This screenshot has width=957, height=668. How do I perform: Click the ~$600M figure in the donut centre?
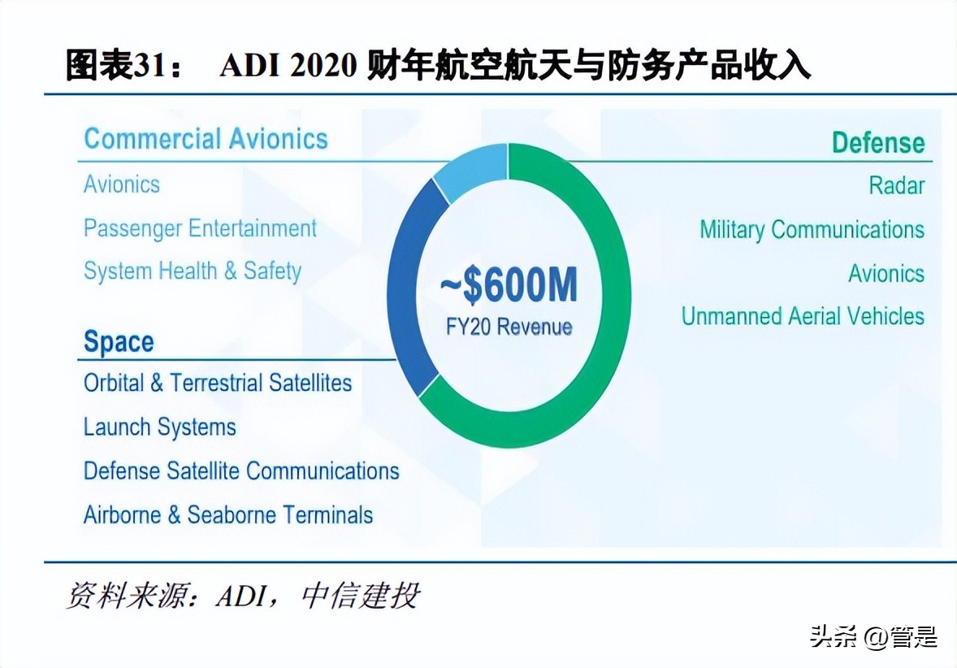pyautogui.click(x=509, y=287)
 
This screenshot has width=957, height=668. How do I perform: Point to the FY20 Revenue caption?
pyautogui.click(x=509, y=327)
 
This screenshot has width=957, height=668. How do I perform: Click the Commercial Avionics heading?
pyautogui.click(x=206, y=139)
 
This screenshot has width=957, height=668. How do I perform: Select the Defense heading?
pyautogui.click(x=877, y=143)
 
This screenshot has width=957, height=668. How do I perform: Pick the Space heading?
pyautogui.click(x=119, y=342)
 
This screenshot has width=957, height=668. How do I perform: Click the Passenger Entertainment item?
pyautogui.click(x=200, y=228)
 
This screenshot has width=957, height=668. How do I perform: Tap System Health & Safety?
pyautogui.click(x=193, y=271)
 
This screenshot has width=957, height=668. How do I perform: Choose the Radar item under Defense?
pyautogui.click(x=896, y=185)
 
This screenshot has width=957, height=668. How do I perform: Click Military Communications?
pyautogui.click(x=812, y=230)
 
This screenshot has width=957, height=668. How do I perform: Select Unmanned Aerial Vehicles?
pyautogui.click(x=803, y=316)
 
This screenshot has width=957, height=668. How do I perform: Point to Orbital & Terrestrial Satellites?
pyautogui.click(x=218, y=383)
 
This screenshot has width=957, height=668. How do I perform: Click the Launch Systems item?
pyautogui.click(x=160, y=427)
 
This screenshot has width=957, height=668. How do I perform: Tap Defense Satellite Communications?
pyautogui.click(x=241, y=471)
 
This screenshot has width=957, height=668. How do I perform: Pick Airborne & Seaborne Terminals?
pyautogui.click(x=228, y=514)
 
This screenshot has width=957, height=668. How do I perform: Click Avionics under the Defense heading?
pyautogui.click(x=886, y=273)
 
